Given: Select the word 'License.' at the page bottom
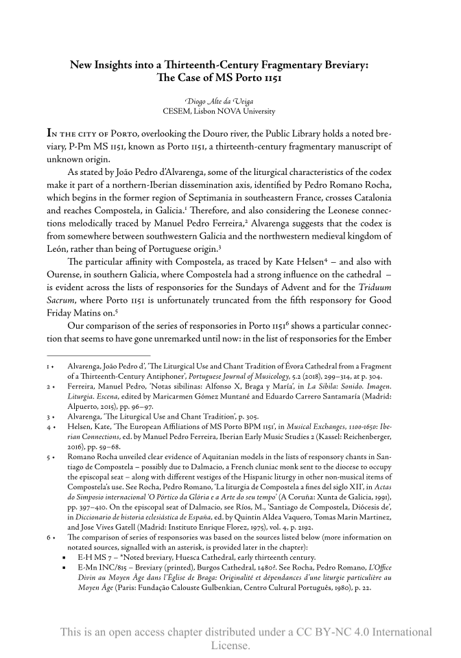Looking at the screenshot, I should tap(230, 646).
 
